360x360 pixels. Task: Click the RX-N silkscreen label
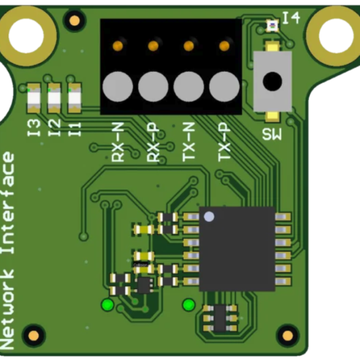[118, 142]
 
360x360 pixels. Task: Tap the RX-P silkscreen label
[153, 142]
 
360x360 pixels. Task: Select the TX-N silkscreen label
[189, 142]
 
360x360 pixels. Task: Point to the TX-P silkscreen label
[224, 142]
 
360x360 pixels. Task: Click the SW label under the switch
[272, 134]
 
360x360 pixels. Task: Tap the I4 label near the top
[291, 18]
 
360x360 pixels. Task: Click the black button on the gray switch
[272, 81]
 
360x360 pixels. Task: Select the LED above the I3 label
[34, 98]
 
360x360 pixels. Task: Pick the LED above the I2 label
[54, 98]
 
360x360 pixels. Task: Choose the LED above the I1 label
[74, 98]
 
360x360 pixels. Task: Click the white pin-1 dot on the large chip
[209, 217]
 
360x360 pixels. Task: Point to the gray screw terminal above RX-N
[118, 86]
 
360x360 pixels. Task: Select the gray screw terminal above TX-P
[224, 86]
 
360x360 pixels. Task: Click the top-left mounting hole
[26, 35]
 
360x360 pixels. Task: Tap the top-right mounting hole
[336, 35]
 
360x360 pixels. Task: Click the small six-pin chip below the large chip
[220, 318]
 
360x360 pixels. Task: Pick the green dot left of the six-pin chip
[189, 305]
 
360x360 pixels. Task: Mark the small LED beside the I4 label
[272, 25]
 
